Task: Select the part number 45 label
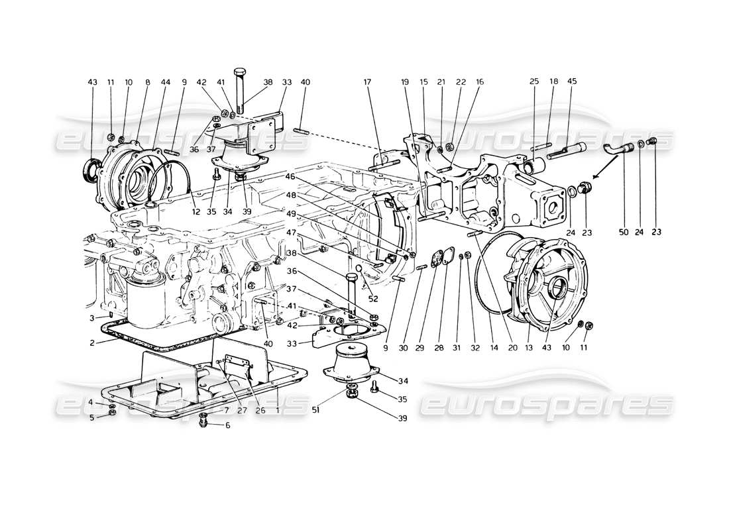pyautogui.click(x=572, y=82)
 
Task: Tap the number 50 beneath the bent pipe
pyautogui.click(x=623, y=233)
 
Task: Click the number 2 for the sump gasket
pyautogui.click(x=93, y=343)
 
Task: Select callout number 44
pyautogui.click(x=166, y=82)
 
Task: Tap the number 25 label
pyautogui.click(x=534, y=82)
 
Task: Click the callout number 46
pyautogui.click(x=290, y=177)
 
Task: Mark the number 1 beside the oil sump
pyautogui.click(x=277, y=410)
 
